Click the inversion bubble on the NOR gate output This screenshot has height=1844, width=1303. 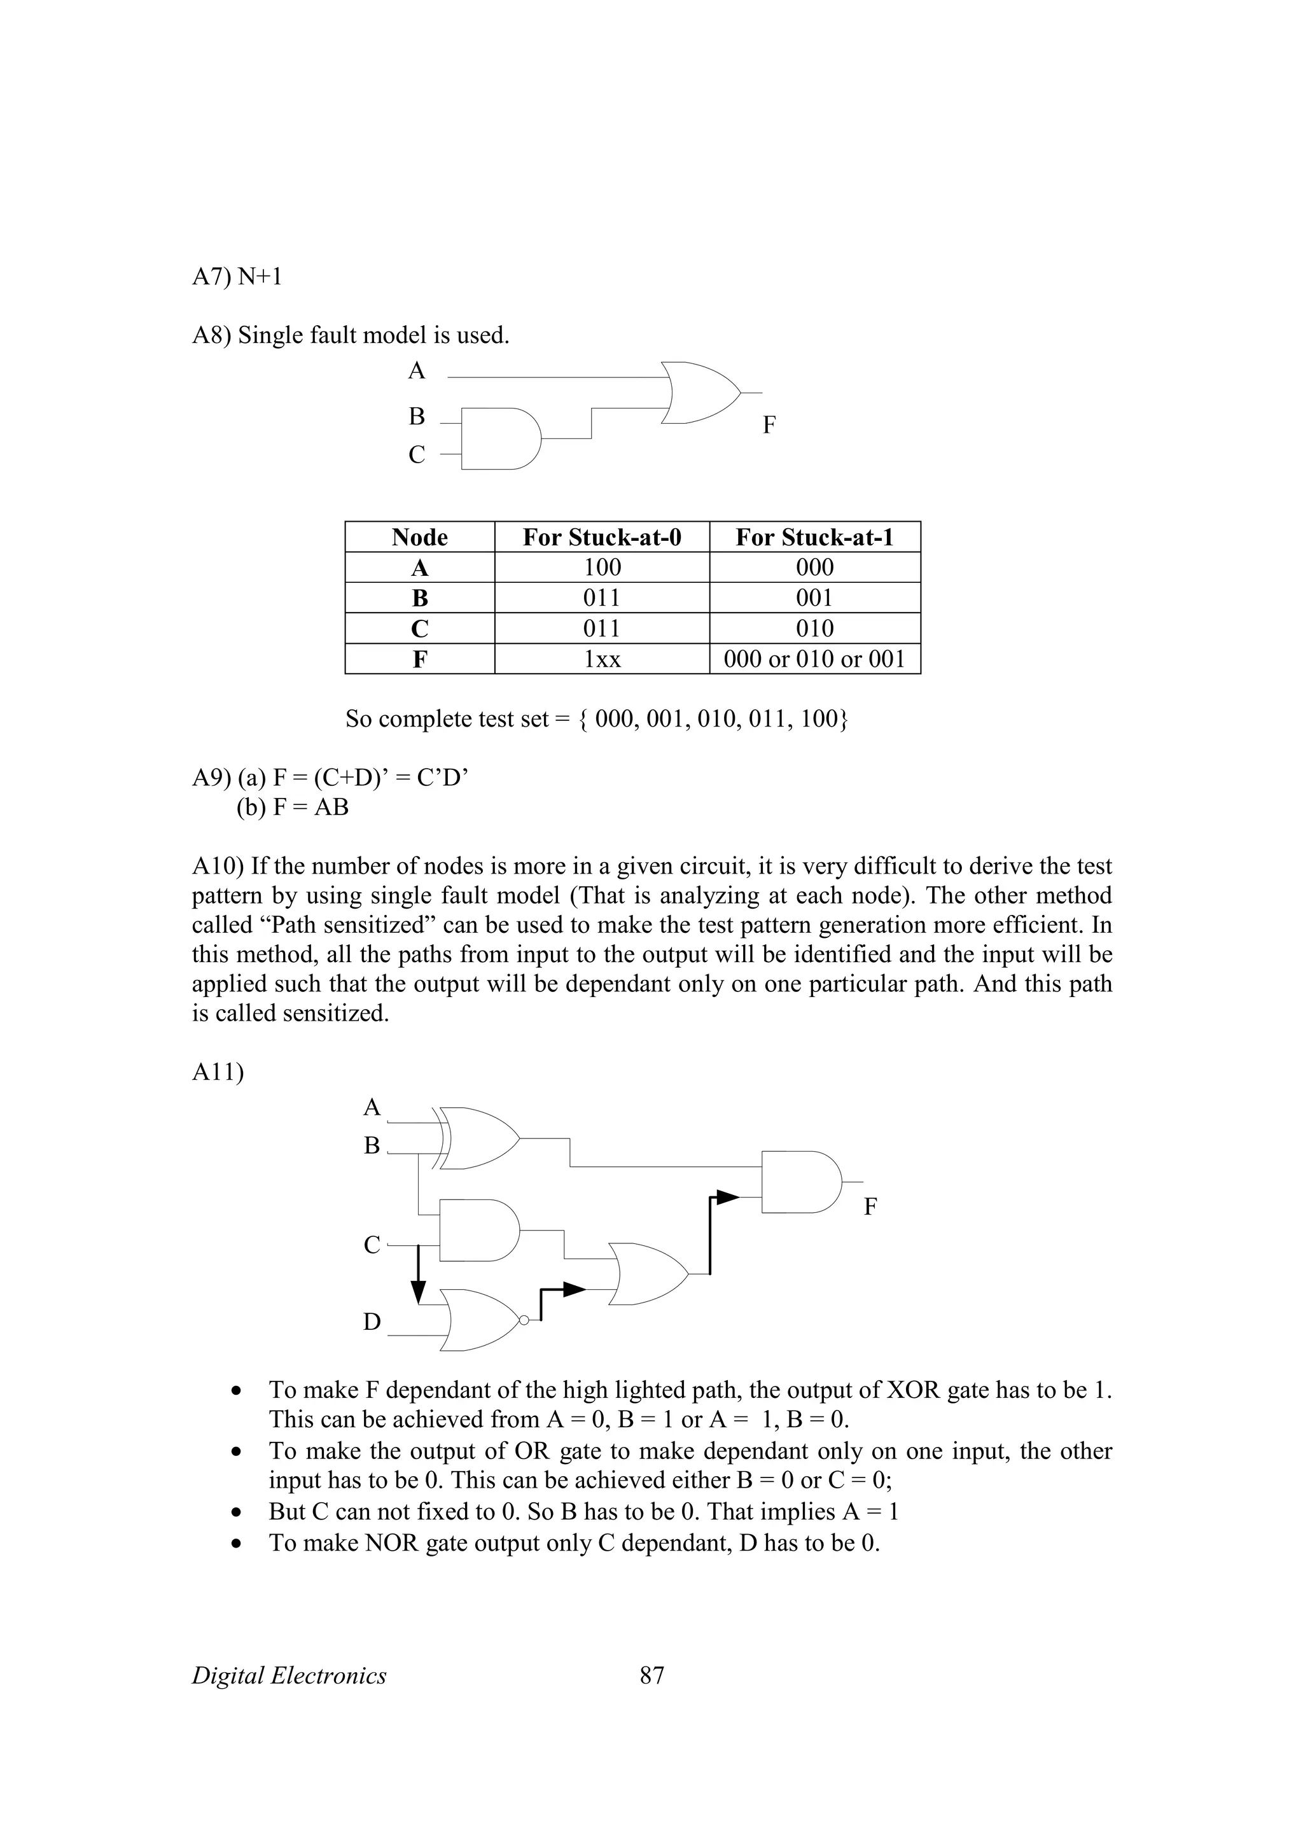click(x=524, y=1320)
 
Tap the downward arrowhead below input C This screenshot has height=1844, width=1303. click(x=417, y=1292)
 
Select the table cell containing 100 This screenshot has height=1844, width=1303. click(x=602, y=567)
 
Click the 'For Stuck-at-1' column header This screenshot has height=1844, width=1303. click(x=814, y=536)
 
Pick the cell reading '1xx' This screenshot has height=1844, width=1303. click(x=602, y=659)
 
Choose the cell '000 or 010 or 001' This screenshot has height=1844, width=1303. click(x=814, y=659)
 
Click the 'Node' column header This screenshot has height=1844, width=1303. click(x=419, y=536)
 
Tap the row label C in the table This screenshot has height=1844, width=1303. click(x=419, y=628)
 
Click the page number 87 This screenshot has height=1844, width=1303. click(x=652, y=1675)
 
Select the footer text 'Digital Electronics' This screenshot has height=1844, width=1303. click(x=289, y=1675)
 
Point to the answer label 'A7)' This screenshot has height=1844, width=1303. click(x=212, y=277)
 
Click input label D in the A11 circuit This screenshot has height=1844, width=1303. click(x=372, y=1322)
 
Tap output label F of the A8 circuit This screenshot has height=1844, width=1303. click(x=769, y=425)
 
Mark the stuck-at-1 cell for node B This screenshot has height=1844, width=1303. click(x=814, y=597)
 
